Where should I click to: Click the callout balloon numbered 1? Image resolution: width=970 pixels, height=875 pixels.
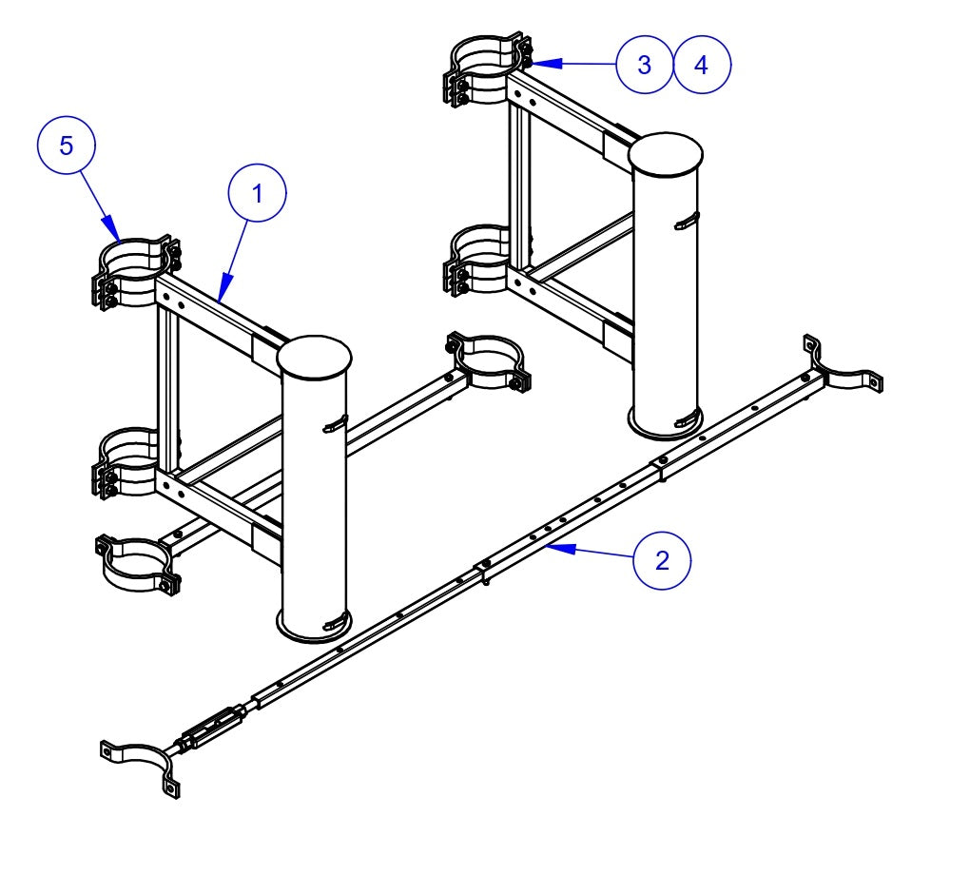[257, 194]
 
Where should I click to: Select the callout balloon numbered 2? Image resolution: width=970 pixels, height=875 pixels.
[662, 560]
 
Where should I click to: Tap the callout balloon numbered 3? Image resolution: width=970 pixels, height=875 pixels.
[644, 65]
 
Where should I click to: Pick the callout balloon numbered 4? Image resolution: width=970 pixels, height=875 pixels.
[703, 65]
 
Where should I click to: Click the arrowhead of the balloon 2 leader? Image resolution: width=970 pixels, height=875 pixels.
[553, 545]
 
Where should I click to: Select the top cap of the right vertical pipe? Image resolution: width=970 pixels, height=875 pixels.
[667, 154]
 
